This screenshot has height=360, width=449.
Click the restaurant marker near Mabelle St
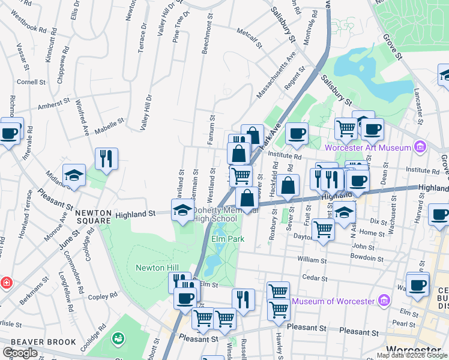[x=106, y=159]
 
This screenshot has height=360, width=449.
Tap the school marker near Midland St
[x=74, y=175]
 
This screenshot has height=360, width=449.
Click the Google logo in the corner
[x=20, y=353]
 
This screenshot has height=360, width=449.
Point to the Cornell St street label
[x=32, y=82]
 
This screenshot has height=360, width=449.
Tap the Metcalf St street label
[x=250, y=36]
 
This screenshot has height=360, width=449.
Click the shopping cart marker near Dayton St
[x=324, y=229]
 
